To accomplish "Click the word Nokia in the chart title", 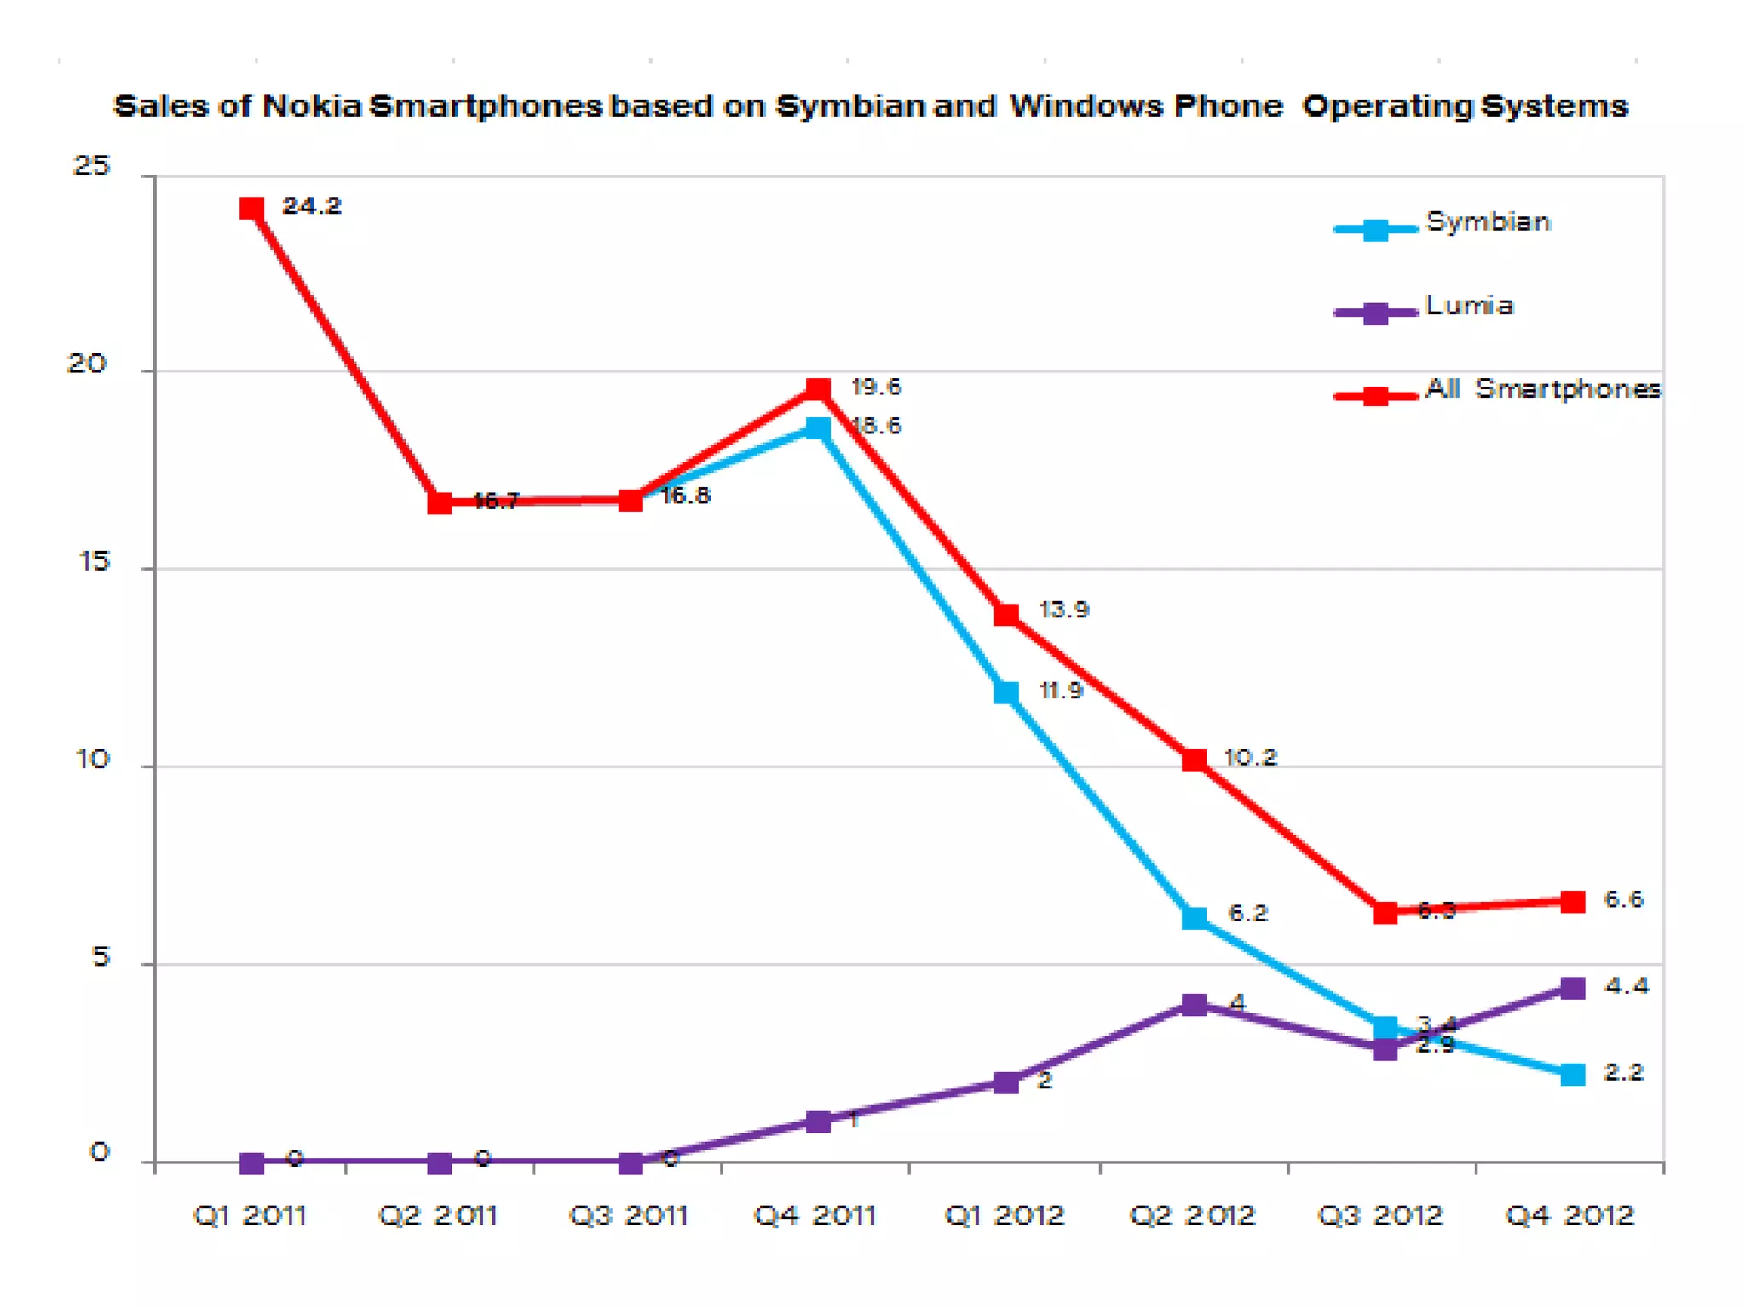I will coord(312,106).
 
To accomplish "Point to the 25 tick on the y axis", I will coord(92,165).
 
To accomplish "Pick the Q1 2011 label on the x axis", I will coord(251,1215).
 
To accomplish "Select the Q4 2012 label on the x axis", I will coord(1569,1215).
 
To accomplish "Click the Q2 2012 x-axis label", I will coord(1193,1215).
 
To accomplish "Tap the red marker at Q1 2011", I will coord(251,208).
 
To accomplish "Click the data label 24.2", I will coord(312,206).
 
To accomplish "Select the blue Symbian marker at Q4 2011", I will coord(818,428).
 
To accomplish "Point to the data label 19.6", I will coord(876,387).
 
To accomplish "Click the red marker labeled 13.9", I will coord(1006,615).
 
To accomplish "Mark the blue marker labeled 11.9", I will coord(1006,692).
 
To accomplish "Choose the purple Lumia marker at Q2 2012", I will coord(1195,1005).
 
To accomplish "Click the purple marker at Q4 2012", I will coord(1573,989).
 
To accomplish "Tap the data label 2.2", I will coord(1623,1073).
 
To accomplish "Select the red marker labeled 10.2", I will coord(1195,760).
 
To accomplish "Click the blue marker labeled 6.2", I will coord(1195,918).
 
